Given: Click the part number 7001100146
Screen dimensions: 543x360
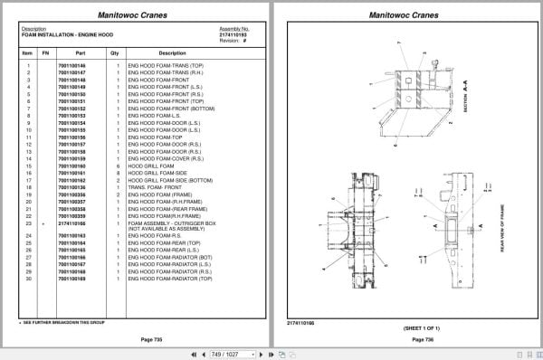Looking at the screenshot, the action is coord(71,66).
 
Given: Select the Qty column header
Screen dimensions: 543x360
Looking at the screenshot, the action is coord(115,53).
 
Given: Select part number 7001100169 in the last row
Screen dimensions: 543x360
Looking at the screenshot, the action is coord(71,279).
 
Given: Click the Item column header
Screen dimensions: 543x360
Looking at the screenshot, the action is coord(27,53).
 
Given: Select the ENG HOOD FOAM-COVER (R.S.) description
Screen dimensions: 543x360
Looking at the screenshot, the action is coord(158,158).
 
